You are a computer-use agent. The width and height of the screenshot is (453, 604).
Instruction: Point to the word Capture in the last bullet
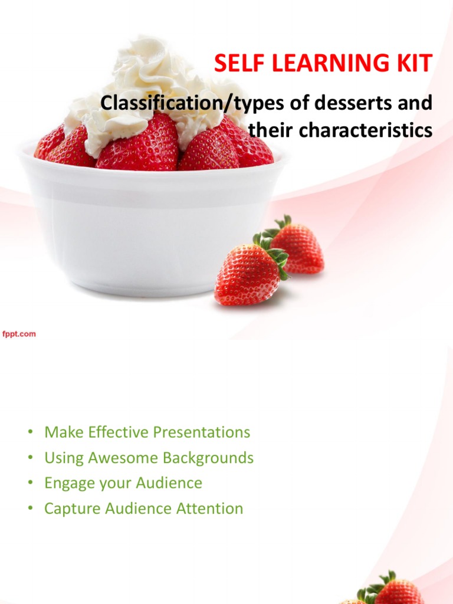tap(73, 509)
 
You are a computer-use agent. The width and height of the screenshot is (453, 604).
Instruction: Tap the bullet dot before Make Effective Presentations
tap(30, 432)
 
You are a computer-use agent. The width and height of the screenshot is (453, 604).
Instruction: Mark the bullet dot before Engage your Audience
tap(30, 483)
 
